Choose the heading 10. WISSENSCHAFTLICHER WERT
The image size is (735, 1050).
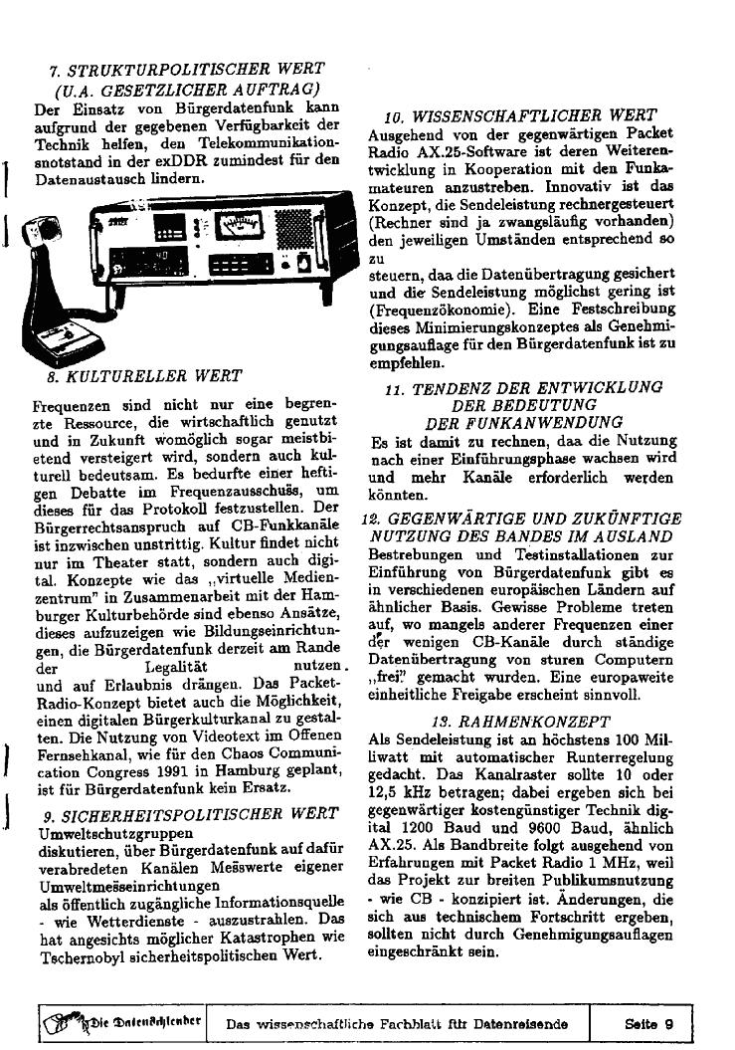pyautogui.click(x=520, y=116)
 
